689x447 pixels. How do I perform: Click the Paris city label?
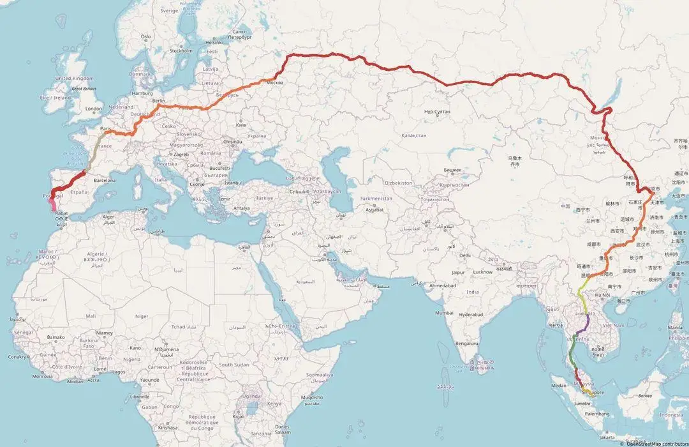click(x=107, y=128)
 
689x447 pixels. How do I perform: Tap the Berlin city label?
click(x=159, y=101)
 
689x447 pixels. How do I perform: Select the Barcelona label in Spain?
click(x=105, y=181)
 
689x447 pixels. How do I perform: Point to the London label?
click(x=94, y=109)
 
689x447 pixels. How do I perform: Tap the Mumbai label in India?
click(x=445, y=313)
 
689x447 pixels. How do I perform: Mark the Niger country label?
click(x=142, y=316)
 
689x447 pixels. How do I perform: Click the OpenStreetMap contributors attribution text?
click(x=651, y=443)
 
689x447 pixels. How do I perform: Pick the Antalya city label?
click(x=242, y=208)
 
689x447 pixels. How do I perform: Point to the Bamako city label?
click(x=56, y=337)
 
